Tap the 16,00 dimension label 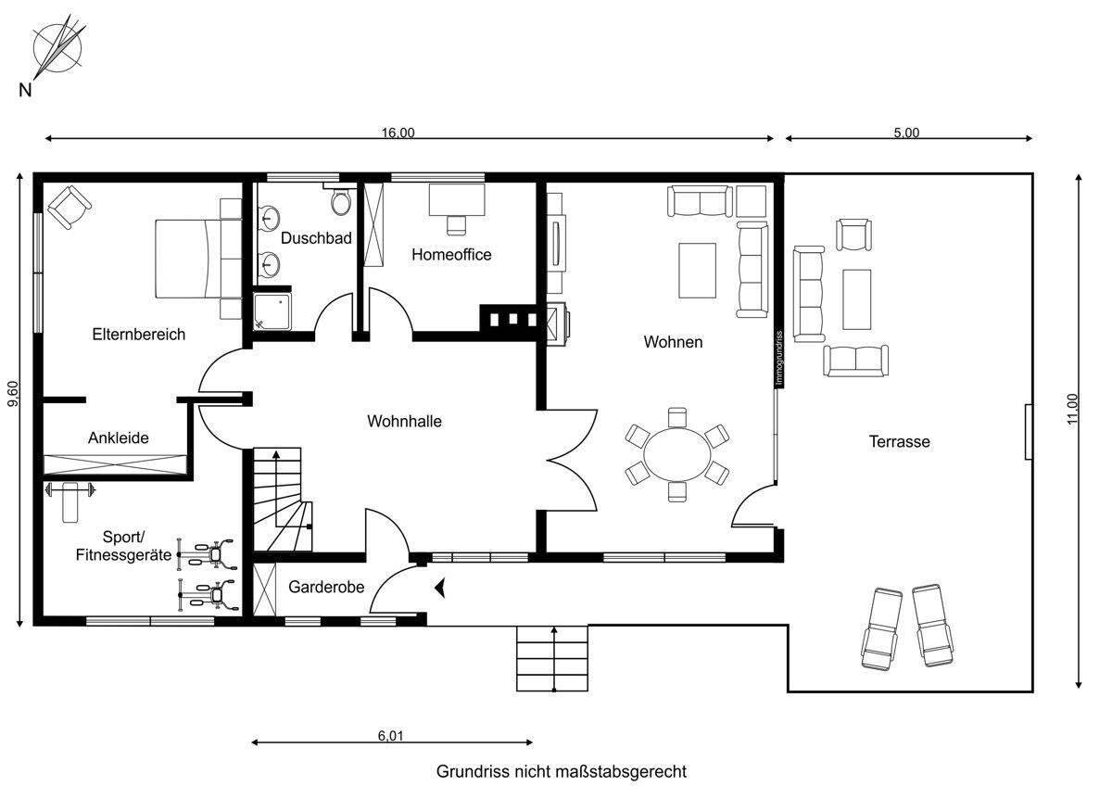(x=398, y=133)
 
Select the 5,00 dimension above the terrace (x=906, y=133)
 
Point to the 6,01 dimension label (x=391, y=735)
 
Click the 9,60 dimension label (x=13, y=393)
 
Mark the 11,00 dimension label (x=1072, y=409)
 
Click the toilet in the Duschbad (x=341, y=200)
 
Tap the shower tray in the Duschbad (x=272, y=311)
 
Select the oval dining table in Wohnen (x=677, y=454)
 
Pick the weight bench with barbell (x=70, y=501)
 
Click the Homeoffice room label (x=451, y=255)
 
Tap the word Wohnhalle (x=405, y=421)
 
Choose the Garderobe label (x=326, y=587)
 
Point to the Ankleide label (x=119, y=437)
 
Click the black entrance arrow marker (x=440, y=588)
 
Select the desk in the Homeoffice (x=457, y=199)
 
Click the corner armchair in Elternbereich (x=69, y=207)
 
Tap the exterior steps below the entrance (x=552, y=658)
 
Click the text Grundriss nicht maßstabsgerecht (x=562, y=771)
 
